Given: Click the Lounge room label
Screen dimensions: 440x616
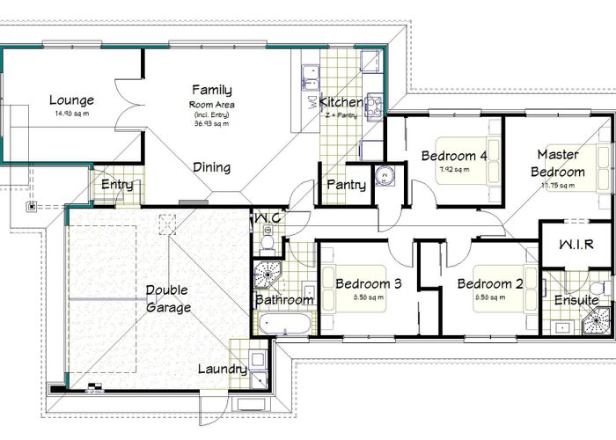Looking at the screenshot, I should point(71,99).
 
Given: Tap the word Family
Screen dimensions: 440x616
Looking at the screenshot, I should point(212,90).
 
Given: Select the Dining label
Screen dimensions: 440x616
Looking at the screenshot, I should point(211,167).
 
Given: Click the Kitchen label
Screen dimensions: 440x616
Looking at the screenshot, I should point(341,102).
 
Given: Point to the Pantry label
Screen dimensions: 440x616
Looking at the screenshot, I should point(346,185).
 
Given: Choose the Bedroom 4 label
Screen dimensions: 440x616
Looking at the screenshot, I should point(454,156).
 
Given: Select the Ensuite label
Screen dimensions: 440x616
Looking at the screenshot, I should point(576,300).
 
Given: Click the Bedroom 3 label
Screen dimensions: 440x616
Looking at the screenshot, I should point(369,283).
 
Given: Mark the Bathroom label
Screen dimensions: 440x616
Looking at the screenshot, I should point(284,300).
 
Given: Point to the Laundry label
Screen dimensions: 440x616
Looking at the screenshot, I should point(222,369).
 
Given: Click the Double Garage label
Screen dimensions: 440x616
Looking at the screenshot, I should point(168,298).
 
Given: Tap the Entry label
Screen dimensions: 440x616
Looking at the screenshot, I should point(117,185).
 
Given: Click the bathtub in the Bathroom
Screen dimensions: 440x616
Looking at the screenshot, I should point(283,324).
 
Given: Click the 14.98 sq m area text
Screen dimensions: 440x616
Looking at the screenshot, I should point(72,114).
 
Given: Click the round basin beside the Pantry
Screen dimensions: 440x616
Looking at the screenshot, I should point(385,176).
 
